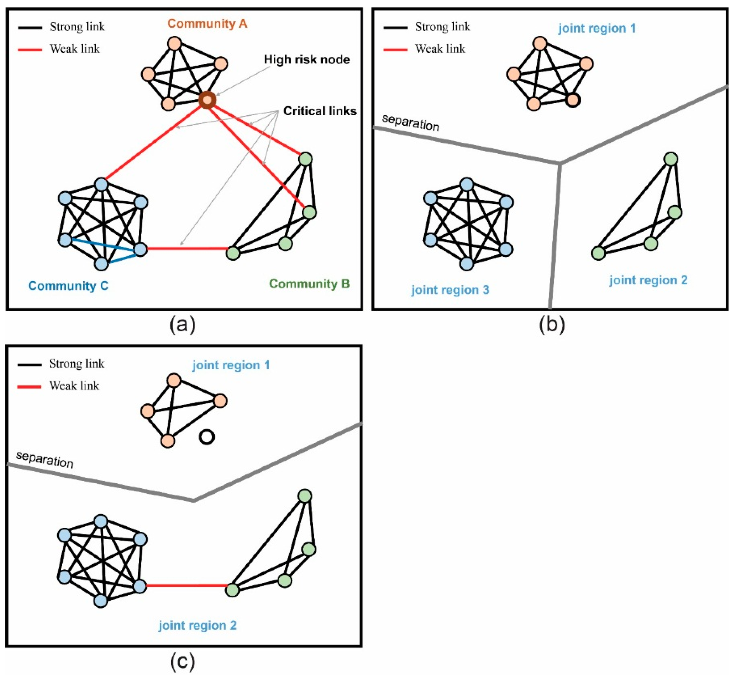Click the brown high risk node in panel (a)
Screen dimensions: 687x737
[x=207, y=100]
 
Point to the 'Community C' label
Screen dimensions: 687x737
[x=68, y=286]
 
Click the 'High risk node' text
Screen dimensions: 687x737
[x=307, y=59]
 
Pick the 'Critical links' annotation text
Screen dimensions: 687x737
[x=320, y=111]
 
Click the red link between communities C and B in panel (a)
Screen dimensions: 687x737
[x=187, y=248]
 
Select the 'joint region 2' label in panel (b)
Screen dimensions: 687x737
[x=648, y=280]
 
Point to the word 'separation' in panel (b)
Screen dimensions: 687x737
[x=410, y=122]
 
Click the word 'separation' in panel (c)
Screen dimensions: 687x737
[x=44, y=459]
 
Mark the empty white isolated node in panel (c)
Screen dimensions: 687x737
[x=206, y=437]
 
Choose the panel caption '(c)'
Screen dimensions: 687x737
[x=183, y=661]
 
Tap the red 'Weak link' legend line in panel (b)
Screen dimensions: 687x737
[x=395, y=49]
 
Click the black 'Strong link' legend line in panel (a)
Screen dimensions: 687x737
[x=30, y=27]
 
